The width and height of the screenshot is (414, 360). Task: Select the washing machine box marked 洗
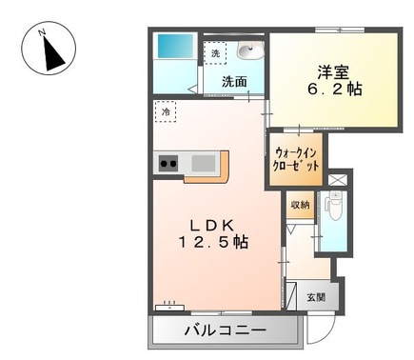216,52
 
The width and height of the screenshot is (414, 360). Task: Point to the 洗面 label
235,82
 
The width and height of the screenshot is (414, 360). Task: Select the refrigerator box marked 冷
166,112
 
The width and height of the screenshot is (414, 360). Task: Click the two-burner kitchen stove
169,163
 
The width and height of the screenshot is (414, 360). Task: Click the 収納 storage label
300,205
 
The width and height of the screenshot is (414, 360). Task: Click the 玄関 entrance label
315,297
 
